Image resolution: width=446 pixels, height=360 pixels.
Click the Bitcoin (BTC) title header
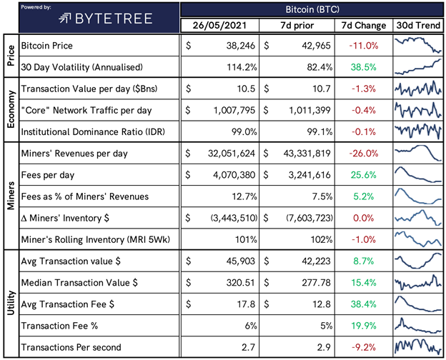[312, 9]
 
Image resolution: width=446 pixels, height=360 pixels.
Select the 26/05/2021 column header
[219, 25]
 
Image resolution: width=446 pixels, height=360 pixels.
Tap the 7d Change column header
[364, 25]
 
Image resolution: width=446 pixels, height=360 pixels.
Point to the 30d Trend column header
[418, 25]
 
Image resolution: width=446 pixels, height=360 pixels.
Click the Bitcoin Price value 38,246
[241, 46]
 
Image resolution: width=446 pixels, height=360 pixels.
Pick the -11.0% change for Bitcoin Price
[364, 46]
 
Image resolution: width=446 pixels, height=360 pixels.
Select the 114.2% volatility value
[242, 67]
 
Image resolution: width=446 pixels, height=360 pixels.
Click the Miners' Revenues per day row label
[74, 154]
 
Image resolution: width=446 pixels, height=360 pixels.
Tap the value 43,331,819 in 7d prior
[307, 154]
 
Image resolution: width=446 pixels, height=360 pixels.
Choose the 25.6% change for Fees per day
[363, 175]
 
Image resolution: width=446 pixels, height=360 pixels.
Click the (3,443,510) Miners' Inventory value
[234, 218]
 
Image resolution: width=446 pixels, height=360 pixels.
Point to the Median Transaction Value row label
[79, 283]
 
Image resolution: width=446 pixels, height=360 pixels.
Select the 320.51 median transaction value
[241, 283]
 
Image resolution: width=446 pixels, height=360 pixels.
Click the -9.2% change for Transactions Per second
[364, 347]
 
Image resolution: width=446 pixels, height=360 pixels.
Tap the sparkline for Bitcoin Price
[417, 45]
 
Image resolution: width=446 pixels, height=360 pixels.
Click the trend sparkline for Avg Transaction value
[417, 261]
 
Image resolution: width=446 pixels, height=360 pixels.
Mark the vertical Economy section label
[11, 109]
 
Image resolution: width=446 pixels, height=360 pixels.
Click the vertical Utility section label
[11, 303]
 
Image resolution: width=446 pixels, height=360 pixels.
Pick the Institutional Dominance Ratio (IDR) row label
[93, 132]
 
